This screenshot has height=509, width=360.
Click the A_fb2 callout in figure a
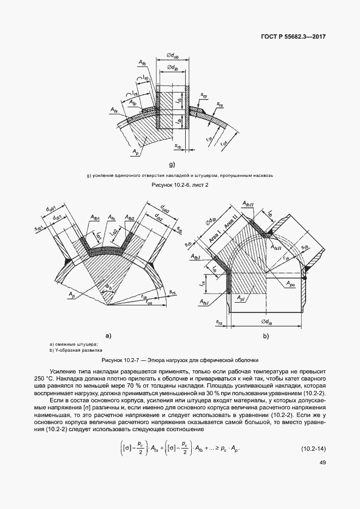coord(129,219)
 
